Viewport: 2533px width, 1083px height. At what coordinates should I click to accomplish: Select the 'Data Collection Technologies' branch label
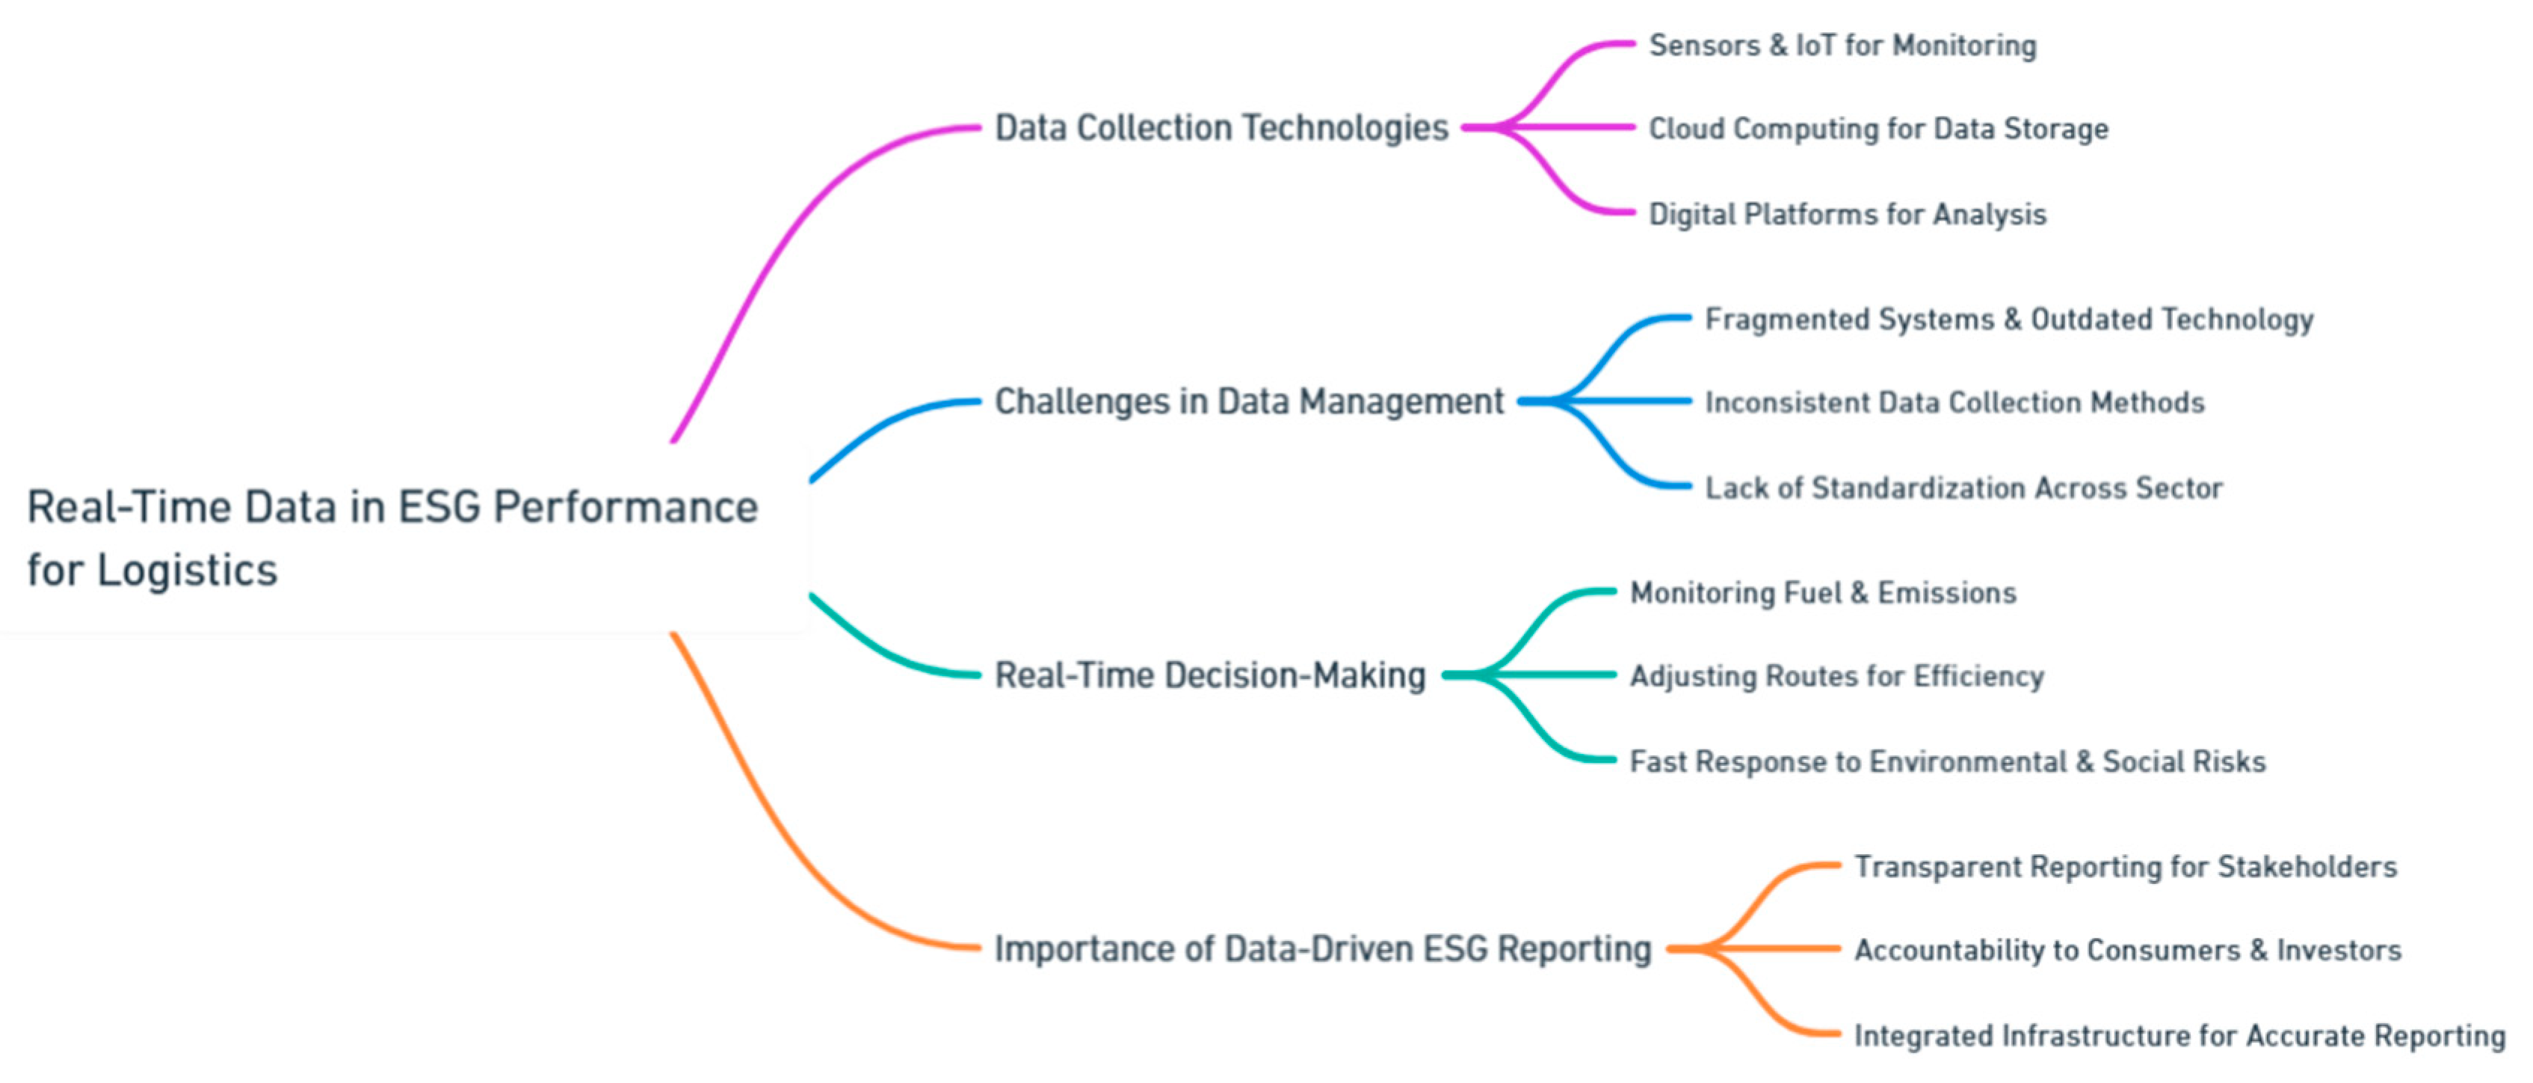pos(1221,128)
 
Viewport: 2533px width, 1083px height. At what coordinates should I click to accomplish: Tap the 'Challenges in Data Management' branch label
pos(1249,402)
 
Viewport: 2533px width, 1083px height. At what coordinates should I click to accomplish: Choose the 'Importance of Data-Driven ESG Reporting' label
pos(1322,948)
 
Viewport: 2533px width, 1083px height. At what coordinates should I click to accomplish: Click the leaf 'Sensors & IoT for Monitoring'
pos(1842,45)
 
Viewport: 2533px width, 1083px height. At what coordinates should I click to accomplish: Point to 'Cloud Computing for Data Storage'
pos(1878,129)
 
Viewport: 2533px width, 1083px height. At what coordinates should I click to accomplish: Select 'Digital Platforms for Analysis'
pos(1847,215)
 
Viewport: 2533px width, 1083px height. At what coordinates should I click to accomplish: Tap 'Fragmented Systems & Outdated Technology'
pos(2009,319)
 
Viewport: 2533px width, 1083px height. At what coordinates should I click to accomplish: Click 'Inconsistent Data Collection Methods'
pos(1954,402)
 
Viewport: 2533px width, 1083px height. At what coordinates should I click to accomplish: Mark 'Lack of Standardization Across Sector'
pos(1963,488)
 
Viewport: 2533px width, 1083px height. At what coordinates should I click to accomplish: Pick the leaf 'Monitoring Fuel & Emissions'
pos(1823,593)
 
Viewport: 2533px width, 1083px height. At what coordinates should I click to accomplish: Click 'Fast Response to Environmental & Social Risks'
pos(1947,761)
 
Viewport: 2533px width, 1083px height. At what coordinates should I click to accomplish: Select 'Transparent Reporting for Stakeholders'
pos(2125,867)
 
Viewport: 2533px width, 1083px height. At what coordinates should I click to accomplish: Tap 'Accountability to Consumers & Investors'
pos(2128,950)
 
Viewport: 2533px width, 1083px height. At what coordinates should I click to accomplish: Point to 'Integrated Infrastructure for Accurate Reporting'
pos(2179,1036)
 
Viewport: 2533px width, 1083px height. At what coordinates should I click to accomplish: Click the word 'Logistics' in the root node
pos(187,571)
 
